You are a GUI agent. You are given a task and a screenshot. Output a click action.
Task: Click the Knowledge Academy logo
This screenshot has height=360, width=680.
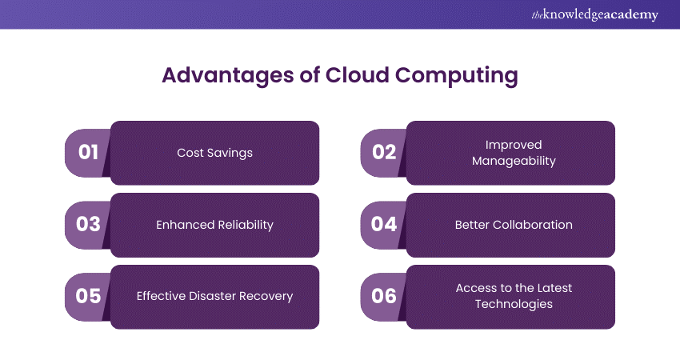pyautogui.click(x=594, y=14)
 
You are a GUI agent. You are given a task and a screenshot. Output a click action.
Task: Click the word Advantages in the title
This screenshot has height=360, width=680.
pyautogui.click(x=228, y=75)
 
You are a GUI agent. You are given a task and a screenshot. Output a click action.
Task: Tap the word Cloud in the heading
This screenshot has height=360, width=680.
pyautogui.click(x=358, y=74)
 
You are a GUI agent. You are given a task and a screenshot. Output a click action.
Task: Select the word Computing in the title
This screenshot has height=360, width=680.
pyautogui.click(x=456, y=75)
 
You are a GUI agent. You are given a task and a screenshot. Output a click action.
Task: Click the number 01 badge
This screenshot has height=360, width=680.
pyautogui.click(x=88, y=153)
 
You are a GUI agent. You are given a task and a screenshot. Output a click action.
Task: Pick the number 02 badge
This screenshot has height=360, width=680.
pyautogui.click(x=384, y=153)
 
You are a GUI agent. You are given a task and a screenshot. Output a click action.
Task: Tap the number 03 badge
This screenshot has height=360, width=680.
pyautogui.click(x=88, y=225)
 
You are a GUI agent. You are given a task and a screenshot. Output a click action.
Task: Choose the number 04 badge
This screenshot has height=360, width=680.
pyautogui.click(x=384, y=225)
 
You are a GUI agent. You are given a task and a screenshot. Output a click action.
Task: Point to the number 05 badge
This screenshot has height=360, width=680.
pyautogui.click(x=88, y=297)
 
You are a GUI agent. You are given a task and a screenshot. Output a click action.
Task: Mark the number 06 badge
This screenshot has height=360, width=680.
pyautogui.click(x=384, y=297)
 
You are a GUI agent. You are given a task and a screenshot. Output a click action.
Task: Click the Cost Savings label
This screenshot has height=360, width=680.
pyautogui.click(x=214, y=153)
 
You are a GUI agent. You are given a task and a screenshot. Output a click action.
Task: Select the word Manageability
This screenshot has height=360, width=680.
pyautogui.click(x=514, y=162)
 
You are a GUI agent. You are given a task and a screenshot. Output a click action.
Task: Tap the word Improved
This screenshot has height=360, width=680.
pyautogui.click(x=514, y=146)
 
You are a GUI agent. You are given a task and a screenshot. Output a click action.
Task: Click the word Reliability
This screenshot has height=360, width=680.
pyautogui.click(x=246, y=225)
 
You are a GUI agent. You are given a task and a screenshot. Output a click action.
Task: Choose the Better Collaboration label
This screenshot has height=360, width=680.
pyautogui.click(x=514, y=225)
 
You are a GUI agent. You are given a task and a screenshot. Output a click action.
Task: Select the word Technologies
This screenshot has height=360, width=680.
pyautogui.click(x=514, y=304)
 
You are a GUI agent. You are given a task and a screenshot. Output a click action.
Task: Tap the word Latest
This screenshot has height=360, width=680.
pyautogui.click(x=554, y=288)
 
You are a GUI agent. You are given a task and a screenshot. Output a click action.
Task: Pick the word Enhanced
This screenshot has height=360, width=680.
pyautogui.click(x=185, y=225)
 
